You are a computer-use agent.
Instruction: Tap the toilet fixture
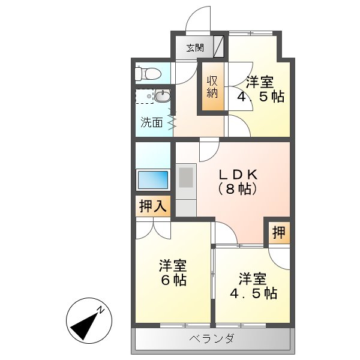(x=147, y=74)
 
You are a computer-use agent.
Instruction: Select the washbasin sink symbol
(x=161, y=96)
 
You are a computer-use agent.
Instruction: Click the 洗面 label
(x=152, y=122)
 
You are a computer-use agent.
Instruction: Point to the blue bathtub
(x=153, y=179)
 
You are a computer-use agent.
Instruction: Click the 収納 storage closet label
(x=212, y=88)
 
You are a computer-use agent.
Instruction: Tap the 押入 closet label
(x=152, y=207)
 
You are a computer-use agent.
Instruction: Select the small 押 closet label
(x=278, y=232)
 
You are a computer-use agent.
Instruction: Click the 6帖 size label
(x=173, y=280)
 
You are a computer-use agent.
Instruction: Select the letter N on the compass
(x=102, y=310)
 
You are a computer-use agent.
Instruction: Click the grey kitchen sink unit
(x=185, y=179)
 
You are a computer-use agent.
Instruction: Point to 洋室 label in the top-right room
(x=260, y=82)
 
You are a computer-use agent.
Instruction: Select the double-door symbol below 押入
(x=153, y=228)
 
